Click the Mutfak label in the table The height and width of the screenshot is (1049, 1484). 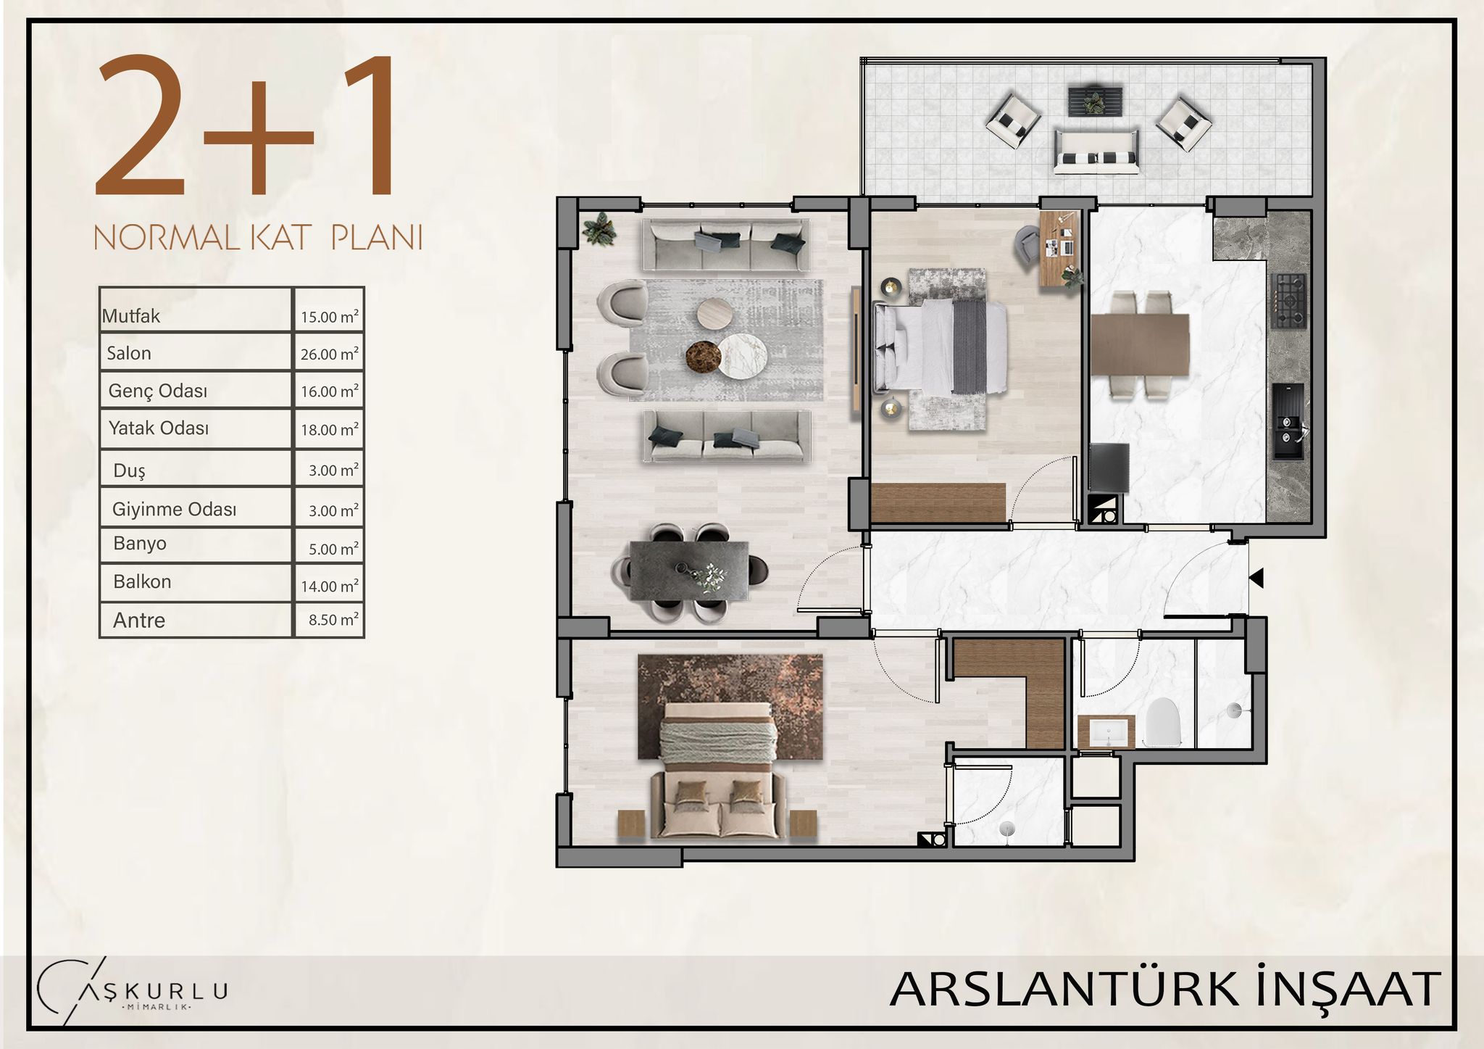point(131,316)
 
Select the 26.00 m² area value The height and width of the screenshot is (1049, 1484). point(330,354)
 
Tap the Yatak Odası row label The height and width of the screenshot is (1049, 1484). point(159,428)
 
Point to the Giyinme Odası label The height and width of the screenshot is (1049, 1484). point(174,509)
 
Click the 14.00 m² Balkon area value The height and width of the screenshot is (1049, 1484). point(330,586)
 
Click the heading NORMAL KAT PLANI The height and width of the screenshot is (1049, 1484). point(258,238)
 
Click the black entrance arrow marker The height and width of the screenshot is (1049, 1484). point(1256,578)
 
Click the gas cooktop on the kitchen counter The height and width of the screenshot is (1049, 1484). point(1288,300)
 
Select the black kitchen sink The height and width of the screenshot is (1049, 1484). point(1288,421)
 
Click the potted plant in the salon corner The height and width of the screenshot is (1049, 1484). point(599,229)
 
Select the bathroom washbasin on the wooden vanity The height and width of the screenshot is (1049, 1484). point(1105,731)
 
